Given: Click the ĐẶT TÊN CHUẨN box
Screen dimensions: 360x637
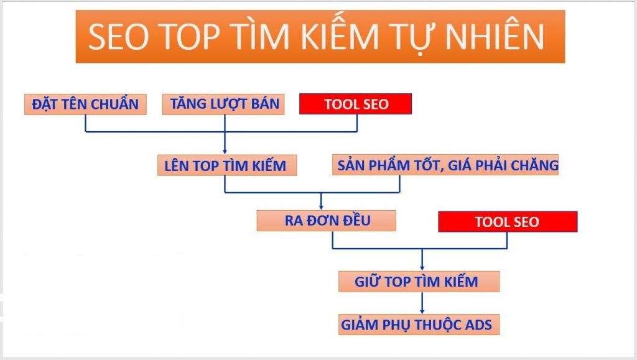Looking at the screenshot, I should point(85,104).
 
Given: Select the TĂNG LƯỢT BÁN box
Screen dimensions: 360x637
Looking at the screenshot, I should point(224,104).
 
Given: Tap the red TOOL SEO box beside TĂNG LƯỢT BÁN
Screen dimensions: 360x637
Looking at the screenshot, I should point(356,104).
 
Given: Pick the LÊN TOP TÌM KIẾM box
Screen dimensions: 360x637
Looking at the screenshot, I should point(226,165).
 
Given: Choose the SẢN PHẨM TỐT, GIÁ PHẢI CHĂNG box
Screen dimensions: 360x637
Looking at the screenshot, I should point(445,165).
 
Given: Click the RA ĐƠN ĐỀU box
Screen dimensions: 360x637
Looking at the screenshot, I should point(326,221).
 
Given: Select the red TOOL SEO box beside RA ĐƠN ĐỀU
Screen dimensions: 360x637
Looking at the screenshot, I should point(508,222).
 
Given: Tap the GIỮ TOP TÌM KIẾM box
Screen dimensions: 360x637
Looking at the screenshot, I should point(419,282).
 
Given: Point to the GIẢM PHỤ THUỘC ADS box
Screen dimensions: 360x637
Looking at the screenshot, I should point(419,325).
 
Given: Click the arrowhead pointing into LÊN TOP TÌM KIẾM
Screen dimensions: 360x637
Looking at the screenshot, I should point(225,151).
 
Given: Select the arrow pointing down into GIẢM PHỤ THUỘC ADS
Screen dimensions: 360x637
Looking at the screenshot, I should point(422,310).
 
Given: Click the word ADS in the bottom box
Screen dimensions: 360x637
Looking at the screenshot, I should point(478,325).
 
